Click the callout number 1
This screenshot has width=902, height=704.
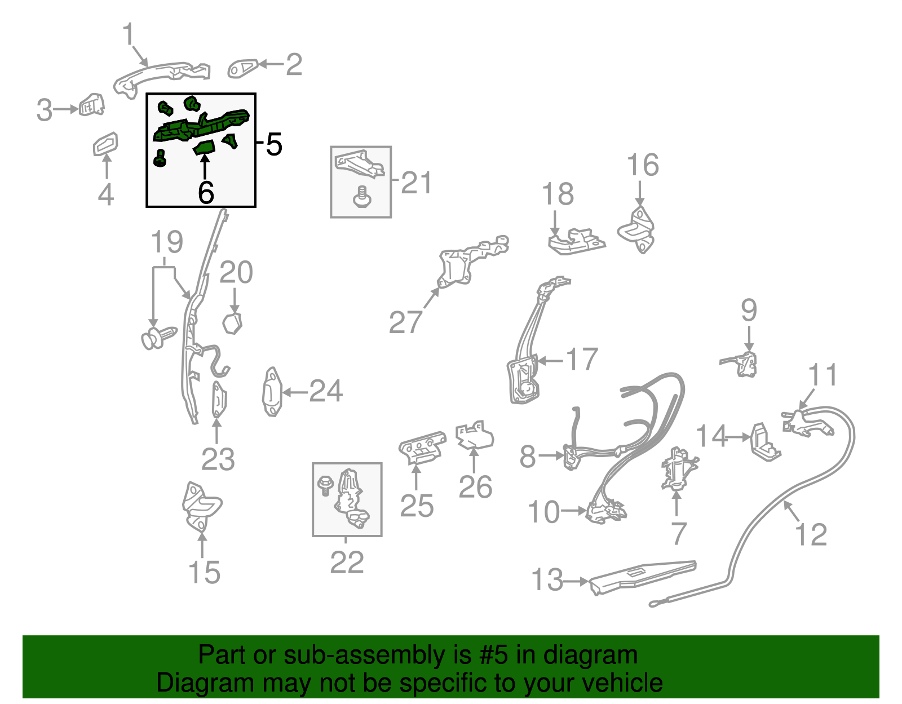[x=129, y=34]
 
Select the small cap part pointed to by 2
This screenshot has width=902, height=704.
[x=242, y=68]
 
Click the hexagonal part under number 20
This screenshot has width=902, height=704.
[x=232, y=324]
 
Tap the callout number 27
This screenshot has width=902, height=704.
[x=405, y=322]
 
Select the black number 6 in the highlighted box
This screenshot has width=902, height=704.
[x=206, y=193]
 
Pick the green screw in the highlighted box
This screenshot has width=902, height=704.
[x=160, y=158]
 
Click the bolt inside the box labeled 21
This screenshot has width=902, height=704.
[x=361, y=197]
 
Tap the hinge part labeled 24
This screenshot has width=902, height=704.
[x=272, y=392]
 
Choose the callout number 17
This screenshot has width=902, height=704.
[x=582, y=359]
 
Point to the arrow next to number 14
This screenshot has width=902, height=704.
[x=739, y=437]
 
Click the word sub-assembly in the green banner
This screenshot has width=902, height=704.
[x=377, y=656]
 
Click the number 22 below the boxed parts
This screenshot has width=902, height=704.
[x=347, y=563]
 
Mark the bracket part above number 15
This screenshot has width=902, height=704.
[x=201, y=507]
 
